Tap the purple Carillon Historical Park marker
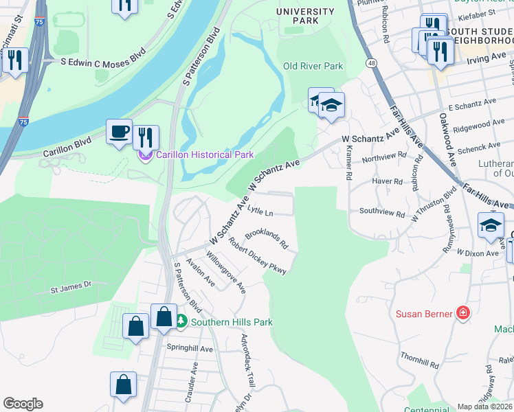pos(146,155)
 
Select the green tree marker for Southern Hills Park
pos(181,321)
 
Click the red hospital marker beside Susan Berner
pos(464,314)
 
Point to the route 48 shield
pos(371,63)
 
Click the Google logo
pos(23,404)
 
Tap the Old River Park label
pos(313,67)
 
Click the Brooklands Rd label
pos(267,239)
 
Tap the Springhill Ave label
pos(190,348)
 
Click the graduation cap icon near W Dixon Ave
pos(491,226)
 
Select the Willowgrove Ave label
pos(227,276)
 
